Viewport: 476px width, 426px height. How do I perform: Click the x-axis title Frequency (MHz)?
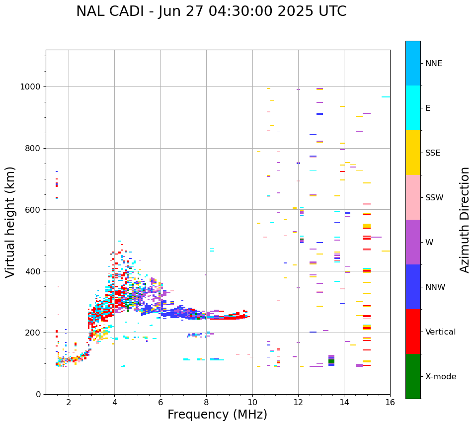pyautogui.click(x=217, y=415)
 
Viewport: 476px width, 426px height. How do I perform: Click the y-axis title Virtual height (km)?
pyautogui.click(x=10, y=222)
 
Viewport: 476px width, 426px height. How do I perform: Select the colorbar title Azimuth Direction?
pyautogui.click(x=465, y=220)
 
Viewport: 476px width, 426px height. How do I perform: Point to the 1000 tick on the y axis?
pyautogui.click(x=31, y=87)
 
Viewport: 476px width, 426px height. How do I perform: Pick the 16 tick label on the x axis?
pyautogui.click(x=390, y=403)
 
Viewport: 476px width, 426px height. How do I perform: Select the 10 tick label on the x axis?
pyautogui.click(x=252, y=403)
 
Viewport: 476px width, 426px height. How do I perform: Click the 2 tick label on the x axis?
pyautogui.click(x=69, y=403)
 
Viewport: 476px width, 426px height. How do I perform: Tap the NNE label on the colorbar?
pyautogui.click(x=434, y=64)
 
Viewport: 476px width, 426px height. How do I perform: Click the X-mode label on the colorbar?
pyautogui.click(x=441, y=377)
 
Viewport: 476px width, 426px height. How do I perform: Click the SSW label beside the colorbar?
pyautogui.click(x=434, y=198)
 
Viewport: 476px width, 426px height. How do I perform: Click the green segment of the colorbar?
pyautogui.click(x=413, y=376)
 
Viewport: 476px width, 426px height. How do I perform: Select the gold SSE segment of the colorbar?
pyautogui.click(x=413, y=153)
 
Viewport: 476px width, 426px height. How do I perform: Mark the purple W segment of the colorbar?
pyautogui.click(x=413, y=242)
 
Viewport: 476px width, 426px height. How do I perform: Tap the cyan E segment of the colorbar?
pyautogui.click(x=413, y=108)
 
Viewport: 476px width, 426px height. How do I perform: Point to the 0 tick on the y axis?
pyautogui.click(x=39, y=394)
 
